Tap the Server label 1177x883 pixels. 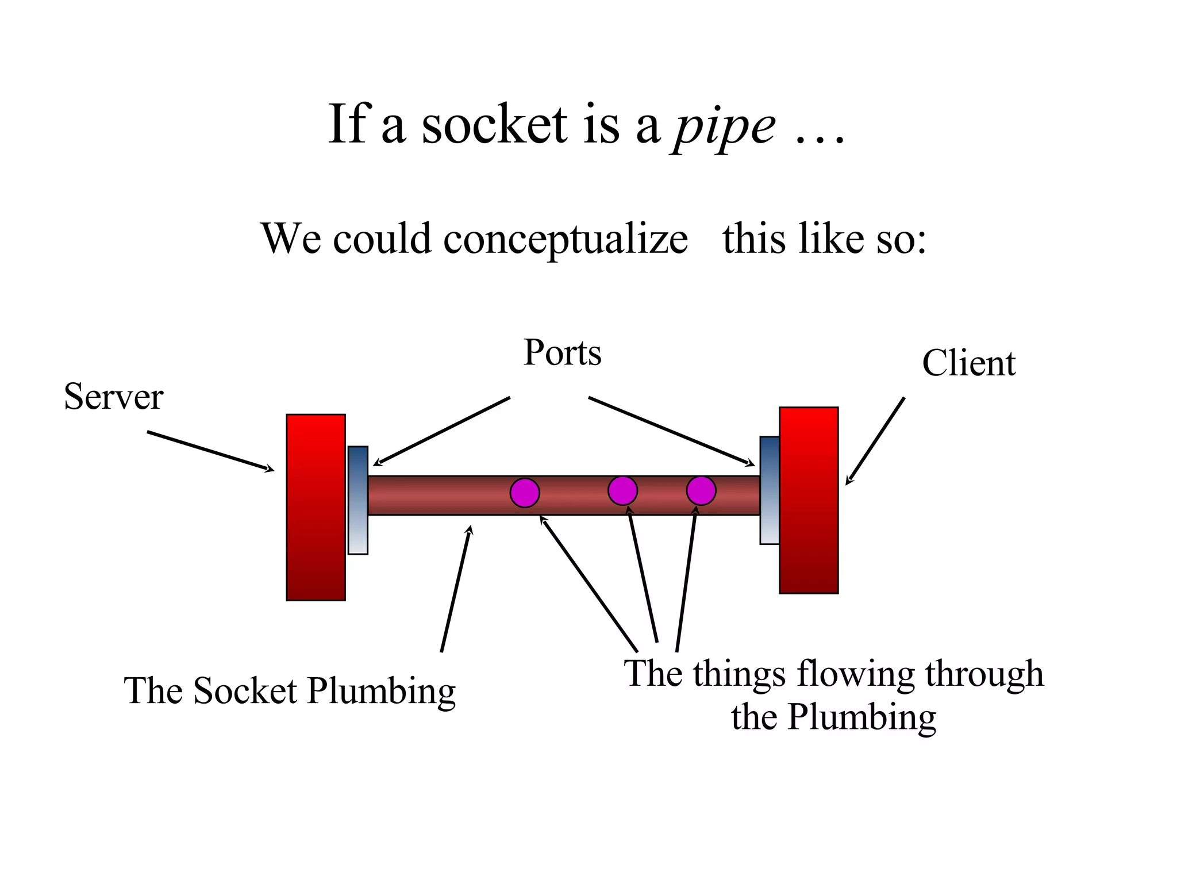click(x=113, y=397)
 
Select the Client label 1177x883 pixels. click(x=968, y=363)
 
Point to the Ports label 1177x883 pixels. click(x=562, y=352)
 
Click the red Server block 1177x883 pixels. click(x=316, y=507)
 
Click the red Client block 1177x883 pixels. click(x=809, y=500)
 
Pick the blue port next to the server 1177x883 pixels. click(x=357, y=500)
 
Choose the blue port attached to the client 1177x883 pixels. click(x=770, y=490)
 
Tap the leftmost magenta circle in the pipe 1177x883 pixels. click(x=525, y=493)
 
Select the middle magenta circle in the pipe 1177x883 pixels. click(x=622, y=491)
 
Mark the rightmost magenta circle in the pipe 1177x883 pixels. click(x=701, y=491)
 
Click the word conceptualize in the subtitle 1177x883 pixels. click(x=566, y=238)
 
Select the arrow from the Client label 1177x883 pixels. click(x=875, y=440)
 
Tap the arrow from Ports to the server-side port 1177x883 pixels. click(x=441, y=431)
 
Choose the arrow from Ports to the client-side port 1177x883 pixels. click(x=671, y=431)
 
